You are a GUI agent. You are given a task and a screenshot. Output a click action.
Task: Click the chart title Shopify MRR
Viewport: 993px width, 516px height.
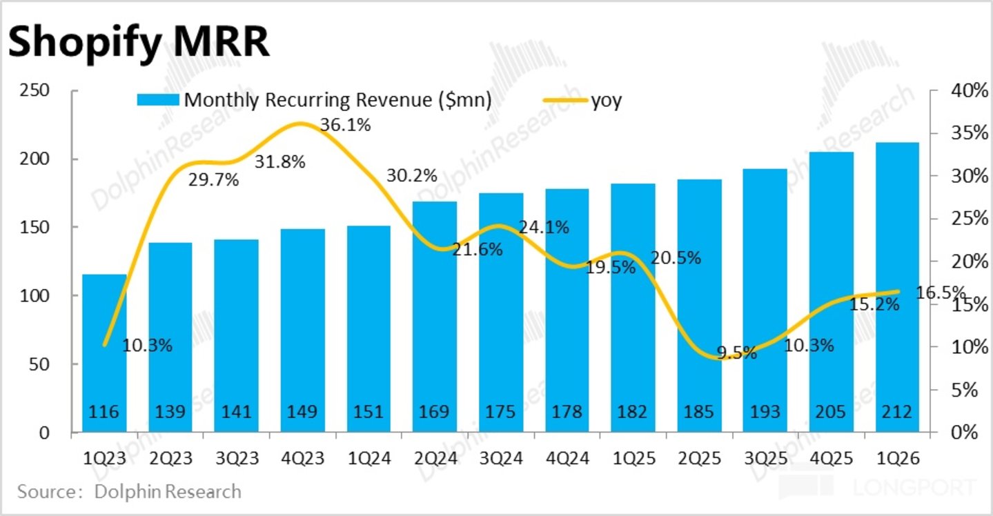click(139, 43)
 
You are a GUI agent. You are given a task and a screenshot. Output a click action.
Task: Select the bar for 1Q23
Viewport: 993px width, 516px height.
click(104, 353)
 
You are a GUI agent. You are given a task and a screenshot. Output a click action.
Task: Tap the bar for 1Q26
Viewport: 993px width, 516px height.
click(897, 287)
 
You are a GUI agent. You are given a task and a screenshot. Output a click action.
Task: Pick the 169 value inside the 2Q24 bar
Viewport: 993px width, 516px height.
click(434, 412)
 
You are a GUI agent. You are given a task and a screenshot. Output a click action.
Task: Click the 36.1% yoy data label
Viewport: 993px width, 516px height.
click(345, 125)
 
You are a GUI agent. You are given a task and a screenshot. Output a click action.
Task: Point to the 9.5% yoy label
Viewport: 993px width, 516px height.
click(737, 353)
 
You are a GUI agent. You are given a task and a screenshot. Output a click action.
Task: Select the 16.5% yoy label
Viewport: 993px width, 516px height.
click(941, 292)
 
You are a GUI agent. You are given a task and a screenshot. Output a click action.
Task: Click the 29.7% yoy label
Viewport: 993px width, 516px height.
click(214, 180)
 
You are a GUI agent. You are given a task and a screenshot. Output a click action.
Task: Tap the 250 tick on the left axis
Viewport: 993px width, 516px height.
click(34, 90)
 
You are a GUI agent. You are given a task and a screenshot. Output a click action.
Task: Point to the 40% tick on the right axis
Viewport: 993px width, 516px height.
click(970, 90)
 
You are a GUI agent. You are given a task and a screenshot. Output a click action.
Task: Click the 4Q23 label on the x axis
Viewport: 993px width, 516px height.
click(303, 458)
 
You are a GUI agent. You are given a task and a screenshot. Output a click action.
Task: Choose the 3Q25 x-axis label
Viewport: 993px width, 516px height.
click(765, 458)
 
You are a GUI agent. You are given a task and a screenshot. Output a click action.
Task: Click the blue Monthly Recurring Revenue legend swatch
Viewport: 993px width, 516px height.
click(158, 100)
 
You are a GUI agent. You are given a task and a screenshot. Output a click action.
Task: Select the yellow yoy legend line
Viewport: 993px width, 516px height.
click(565, 100)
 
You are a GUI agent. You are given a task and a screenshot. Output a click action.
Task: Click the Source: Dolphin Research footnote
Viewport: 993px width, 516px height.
click(130, 492)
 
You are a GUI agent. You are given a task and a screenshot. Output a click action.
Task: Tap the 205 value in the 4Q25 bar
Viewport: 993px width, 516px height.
click(831, 412)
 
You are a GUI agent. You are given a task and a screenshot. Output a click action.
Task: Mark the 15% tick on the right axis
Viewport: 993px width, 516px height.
click(970, 304)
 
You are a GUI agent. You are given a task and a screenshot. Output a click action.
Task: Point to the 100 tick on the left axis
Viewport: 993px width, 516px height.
click(34, 296)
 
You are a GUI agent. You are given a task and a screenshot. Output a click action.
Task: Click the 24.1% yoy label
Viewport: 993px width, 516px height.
click(544, 228)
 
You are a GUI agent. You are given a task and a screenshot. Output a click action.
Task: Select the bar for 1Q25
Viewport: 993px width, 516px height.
click(633, 308)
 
